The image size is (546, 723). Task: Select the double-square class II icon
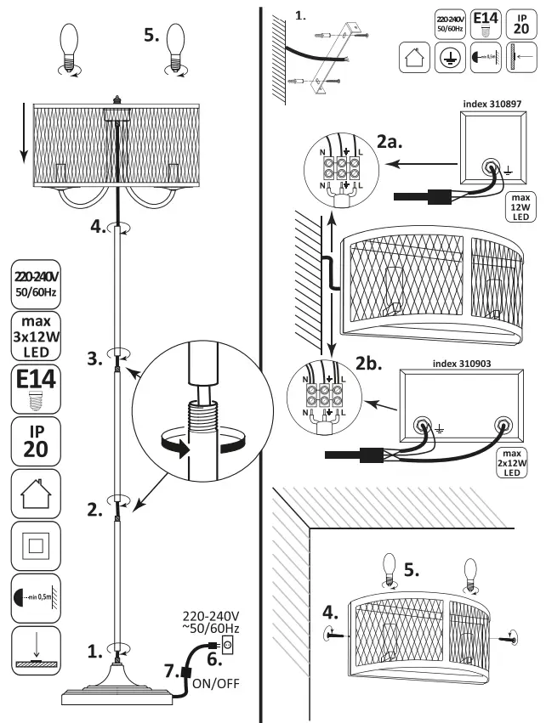click(36, 545)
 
